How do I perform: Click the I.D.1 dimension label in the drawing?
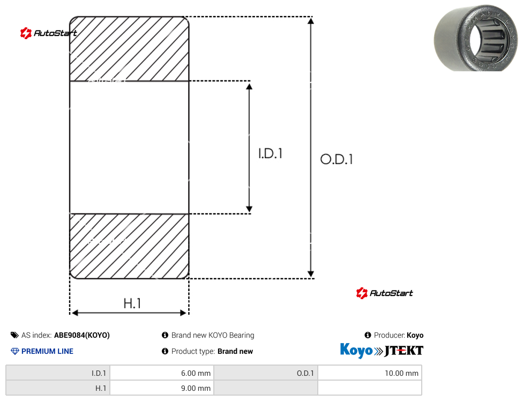point(270,153)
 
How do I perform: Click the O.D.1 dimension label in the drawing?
point(336,159)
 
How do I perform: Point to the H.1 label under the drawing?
point(132,303)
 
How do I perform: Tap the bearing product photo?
point(476,38)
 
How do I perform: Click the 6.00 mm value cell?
point(162,373)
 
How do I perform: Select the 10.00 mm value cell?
point(370,373)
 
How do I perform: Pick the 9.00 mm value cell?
point(162,388)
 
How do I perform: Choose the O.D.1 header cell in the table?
point(266,373)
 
